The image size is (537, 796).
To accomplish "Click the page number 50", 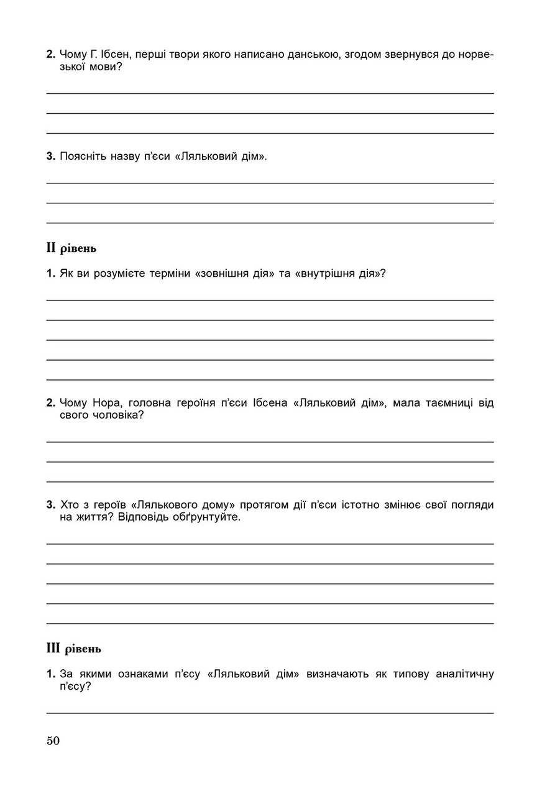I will pyautogui.click(x=53, y=741).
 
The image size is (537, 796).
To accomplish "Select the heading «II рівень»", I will pyautogui.click(x=71, y=248).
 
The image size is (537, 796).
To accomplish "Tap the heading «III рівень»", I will pyautogui.click(x=73, y=649).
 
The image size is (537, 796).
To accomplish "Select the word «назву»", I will pyautogui.click(x=126, y=156).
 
